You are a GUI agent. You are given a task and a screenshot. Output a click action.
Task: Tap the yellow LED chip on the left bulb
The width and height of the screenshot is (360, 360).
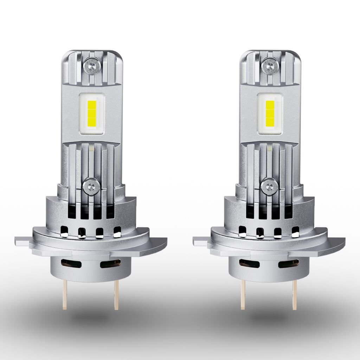pos(90,114)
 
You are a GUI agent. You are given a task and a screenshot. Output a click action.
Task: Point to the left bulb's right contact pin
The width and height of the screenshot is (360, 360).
pos(116,295)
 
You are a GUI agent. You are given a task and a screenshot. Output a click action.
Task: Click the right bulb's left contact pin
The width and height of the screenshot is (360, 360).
pos(243,295)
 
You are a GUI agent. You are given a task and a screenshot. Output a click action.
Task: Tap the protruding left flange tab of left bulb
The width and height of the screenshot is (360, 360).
pos(22,241)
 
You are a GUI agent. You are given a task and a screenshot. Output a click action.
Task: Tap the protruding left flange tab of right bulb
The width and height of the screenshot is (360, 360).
pos(200,241)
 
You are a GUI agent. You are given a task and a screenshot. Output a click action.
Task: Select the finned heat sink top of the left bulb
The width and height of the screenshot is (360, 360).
pos(91,67)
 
